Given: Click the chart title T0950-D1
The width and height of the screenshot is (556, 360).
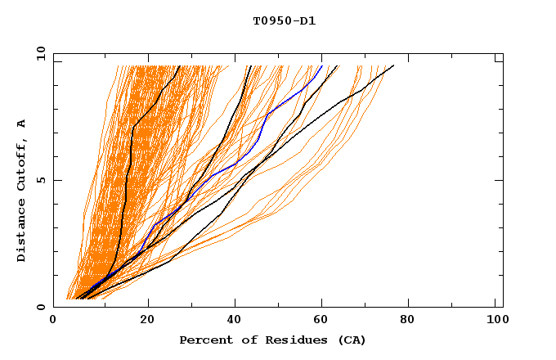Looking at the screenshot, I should tap(284, 20).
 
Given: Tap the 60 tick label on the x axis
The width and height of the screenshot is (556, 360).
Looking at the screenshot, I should tap(325, 321).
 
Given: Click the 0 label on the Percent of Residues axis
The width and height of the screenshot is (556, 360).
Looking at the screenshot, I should tap(54, 321).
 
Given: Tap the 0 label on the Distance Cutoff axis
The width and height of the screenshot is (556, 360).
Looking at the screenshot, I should tap(41, 308).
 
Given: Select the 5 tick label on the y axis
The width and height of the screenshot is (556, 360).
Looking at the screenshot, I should tap(41, 180).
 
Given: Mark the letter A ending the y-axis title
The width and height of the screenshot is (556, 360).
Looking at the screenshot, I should tap(22, 124).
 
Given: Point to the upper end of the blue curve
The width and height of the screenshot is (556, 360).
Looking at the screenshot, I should tap(322, 65).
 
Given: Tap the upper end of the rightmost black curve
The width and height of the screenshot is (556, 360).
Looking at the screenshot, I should tap(393, 65).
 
